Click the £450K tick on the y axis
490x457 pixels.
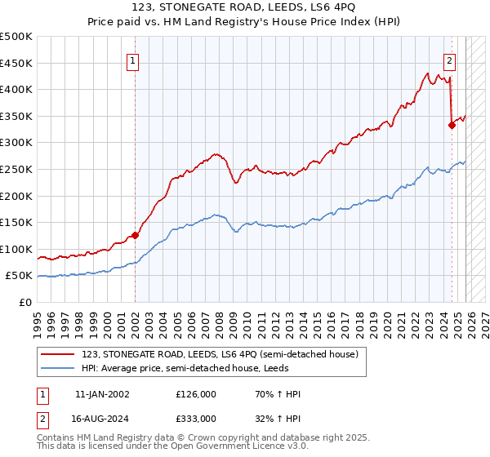tap(17, 63)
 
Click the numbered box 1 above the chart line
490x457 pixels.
tap(132, 59)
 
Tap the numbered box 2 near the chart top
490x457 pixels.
tap(450, 59)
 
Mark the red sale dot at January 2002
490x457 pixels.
tap(136, 235)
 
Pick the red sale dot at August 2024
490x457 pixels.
tap(452, 125)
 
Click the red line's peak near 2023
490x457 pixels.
tap(428, 73)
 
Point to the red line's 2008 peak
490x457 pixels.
tap(215, 153)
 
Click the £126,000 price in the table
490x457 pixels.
tap(196, 394)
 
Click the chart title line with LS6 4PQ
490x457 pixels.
tap(244, 8)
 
